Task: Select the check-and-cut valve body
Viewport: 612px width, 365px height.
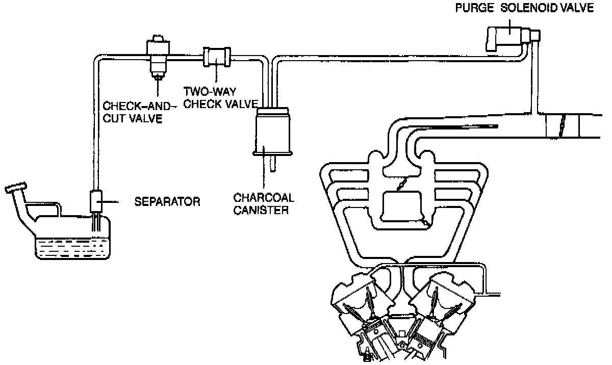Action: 158,56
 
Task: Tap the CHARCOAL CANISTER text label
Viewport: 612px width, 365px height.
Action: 264,203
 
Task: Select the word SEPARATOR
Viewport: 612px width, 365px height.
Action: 167,202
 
